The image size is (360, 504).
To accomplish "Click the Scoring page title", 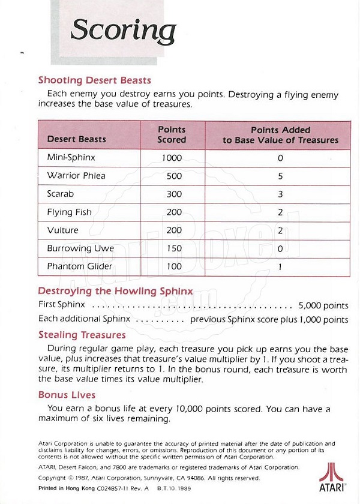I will [123, 30].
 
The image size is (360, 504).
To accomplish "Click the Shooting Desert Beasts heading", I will [94, 80].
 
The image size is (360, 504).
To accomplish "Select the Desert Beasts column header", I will [76, 139].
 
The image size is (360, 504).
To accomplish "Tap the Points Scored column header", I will [172, 134].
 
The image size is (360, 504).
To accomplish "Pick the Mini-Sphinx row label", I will [71, 158].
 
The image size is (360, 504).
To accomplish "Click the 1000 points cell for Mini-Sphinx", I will [172, 158].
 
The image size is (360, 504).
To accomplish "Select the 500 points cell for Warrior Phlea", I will [172, 176].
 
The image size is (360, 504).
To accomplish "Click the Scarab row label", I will [61, 194].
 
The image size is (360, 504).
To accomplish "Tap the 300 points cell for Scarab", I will [172, 194].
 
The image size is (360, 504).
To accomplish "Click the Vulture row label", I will [62, 230].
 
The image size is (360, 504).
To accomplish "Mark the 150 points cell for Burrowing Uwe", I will [172, 248].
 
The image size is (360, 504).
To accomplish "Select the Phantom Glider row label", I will [79, 266].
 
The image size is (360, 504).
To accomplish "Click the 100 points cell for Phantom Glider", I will [172, 266].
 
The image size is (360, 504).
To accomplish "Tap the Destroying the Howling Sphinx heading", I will [115, 291].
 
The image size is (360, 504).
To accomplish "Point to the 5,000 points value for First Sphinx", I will [323, 304].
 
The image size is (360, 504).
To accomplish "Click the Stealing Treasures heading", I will [82, 335].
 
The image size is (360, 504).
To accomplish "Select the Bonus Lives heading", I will [67, 395].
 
